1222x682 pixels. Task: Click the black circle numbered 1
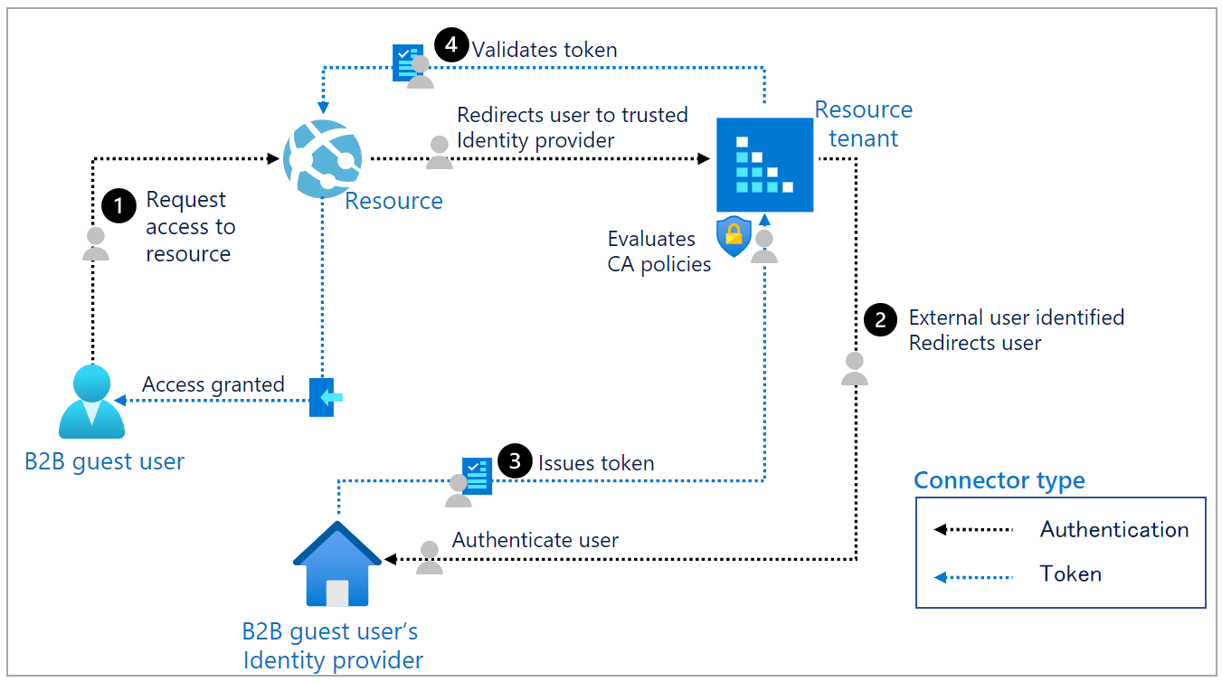(118, 205)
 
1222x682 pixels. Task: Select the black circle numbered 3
(515, 461)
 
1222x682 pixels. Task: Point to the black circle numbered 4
(451, 45)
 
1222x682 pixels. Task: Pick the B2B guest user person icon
(91, 403)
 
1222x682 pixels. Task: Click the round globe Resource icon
(322, 159)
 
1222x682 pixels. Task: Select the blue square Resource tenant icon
(764, 165)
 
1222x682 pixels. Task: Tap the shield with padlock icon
(733, 236)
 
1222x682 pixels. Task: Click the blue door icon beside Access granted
(323, 397)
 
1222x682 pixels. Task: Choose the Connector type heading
(999, 480)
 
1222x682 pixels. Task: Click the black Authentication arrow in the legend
(973, 529)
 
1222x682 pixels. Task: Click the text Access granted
(213, 385)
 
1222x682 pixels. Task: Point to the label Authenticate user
(535, 541)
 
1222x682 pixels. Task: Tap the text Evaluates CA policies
(658, 251)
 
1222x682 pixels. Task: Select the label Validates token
(545, 50)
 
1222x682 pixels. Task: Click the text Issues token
(595, 463)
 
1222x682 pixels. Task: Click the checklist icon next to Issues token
(477, 476)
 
